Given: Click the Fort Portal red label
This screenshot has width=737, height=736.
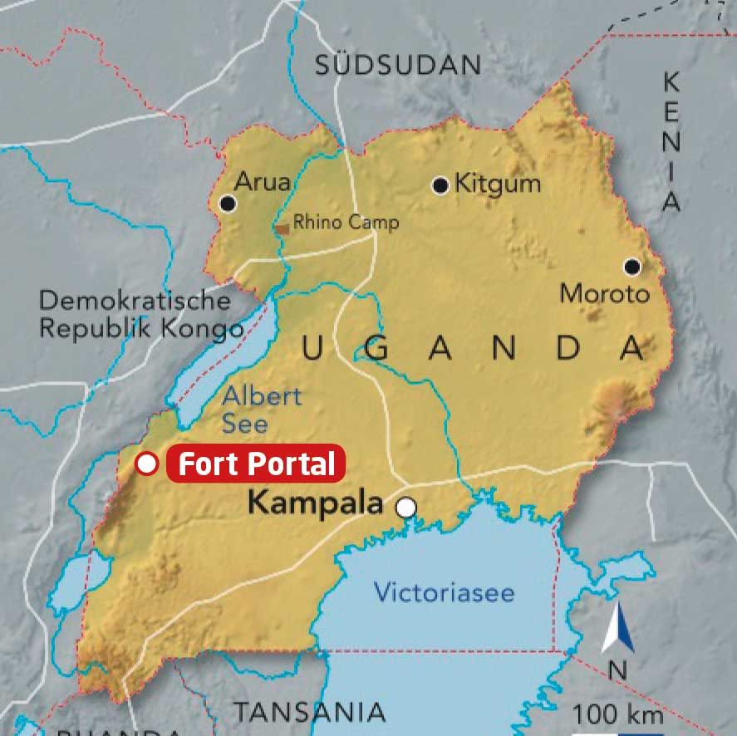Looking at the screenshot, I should [x=256, y=464].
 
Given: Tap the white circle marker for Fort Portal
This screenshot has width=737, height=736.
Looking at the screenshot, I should [x=147, y=464].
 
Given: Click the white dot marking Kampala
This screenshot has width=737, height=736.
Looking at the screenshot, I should [x=405, y=508].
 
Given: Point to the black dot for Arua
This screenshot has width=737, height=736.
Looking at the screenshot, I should [x=228, y=204].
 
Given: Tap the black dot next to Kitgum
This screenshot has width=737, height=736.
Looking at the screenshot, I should [x=440, y=185].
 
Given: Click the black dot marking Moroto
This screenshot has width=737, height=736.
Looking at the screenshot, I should [x=632, y=267].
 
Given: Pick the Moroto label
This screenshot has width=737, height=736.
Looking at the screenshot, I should [x=604, y=293].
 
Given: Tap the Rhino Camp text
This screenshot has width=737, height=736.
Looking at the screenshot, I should [x=346, y=223].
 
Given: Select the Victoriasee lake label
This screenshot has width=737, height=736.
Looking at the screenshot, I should [x=444, y=593].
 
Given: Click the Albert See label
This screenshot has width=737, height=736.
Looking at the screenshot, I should [x=261, y=410].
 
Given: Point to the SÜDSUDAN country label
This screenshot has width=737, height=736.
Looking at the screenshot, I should [x=397, y=65].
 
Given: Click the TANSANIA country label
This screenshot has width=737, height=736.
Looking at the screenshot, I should [x=309, y=712].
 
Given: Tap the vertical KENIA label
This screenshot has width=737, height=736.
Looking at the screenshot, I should [x=671, y=141].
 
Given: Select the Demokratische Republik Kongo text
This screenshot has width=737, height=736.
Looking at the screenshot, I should [x=135, y=313].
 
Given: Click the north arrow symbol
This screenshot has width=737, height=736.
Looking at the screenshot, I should [x=617, y=630].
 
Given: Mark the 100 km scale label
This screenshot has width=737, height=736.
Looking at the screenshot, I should [x=617, y=714].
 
